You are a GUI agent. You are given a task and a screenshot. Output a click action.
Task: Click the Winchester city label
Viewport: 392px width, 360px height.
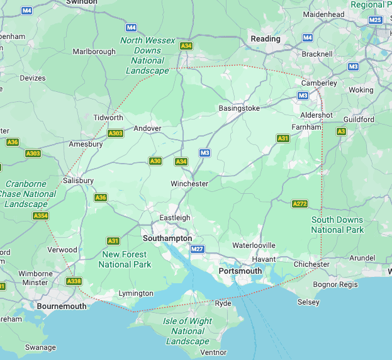189,184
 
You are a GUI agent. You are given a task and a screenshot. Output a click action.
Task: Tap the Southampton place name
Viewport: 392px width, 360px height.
167,239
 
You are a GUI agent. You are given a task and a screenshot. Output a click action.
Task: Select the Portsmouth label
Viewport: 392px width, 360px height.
240,271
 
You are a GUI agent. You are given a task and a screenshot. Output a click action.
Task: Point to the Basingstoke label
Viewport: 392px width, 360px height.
239,108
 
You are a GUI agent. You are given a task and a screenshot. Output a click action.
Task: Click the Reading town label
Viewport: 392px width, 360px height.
266,39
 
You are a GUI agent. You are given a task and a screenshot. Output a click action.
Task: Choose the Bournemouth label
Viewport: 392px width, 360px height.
62,306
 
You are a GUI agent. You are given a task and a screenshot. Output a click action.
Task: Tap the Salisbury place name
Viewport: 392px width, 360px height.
78,181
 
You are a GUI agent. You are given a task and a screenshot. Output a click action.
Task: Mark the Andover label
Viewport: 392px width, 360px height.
147,128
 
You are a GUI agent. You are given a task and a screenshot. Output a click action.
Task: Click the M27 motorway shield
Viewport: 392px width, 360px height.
198,249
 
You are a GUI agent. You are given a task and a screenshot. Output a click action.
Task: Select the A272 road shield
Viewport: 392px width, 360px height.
300,203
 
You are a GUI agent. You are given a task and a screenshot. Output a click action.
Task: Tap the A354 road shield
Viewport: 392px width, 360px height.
40,216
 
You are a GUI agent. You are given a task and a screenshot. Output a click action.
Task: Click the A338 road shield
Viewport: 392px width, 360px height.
74,281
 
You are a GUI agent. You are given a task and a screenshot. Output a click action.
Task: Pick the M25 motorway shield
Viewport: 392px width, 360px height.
376,20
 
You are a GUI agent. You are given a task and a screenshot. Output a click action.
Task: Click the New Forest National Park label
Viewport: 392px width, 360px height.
125,259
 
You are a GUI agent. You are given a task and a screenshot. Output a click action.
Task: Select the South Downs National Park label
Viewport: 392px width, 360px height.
337,225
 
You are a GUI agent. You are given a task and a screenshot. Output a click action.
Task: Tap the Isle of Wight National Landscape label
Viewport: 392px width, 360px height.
188,331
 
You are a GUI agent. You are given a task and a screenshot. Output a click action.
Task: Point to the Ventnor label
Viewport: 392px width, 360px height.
213,352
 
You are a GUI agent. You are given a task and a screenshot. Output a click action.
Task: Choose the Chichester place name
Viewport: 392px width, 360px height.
312,264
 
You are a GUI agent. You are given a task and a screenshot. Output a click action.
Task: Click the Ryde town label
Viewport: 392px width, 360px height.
223,303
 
